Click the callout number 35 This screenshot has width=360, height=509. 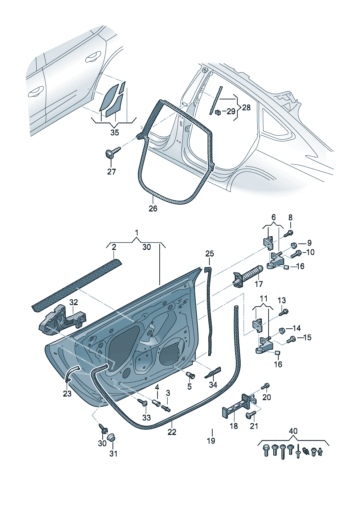tap(114, 133)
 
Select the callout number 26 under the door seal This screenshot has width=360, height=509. tap(153, 209)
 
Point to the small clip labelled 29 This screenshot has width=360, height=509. tap(218, 112)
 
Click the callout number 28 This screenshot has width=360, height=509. tap(246, 107)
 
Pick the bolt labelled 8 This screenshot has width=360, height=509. tap(289, 233)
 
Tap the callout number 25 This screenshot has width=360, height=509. tap(210, 254)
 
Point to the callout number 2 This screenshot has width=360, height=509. tap(114, 247)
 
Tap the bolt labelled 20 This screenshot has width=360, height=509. tap(266, 385)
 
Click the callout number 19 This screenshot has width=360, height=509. tap(211, 441)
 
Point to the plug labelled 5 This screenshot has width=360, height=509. tap(190, 375)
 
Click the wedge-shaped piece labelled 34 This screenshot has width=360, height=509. tap(213, 373)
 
